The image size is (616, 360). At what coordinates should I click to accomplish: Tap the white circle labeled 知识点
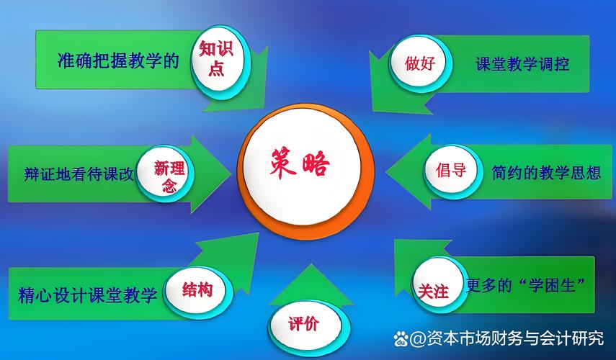[x=217, y=58]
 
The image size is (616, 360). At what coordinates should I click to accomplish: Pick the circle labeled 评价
[x=303, y=323]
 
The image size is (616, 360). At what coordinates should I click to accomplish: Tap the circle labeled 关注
[x=434, y=289]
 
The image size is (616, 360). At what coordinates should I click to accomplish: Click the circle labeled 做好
[x=420, y=63]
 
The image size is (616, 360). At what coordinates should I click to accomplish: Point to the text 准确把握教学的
[x=118, y=60]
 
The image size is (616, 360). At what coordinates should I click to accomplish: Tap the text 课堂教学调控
[x=522, y=64]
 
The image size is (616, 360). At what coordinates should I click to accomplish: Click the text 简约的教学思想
[x=546, y=173]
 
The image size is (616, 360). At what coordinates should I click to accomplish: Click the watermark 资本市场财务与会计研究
[x=515, y=338]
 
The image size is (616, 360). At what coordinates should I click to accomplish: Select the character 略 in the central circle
[x=318, y=165]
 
